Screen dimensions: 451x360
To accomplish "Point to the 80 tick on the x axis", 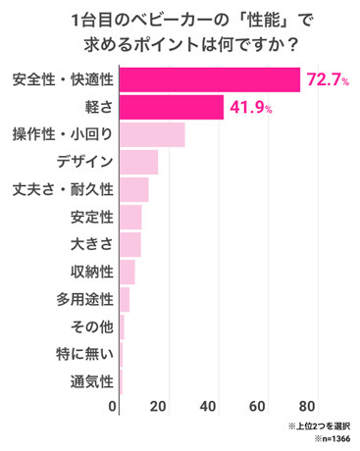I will (x=307, y=406).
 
